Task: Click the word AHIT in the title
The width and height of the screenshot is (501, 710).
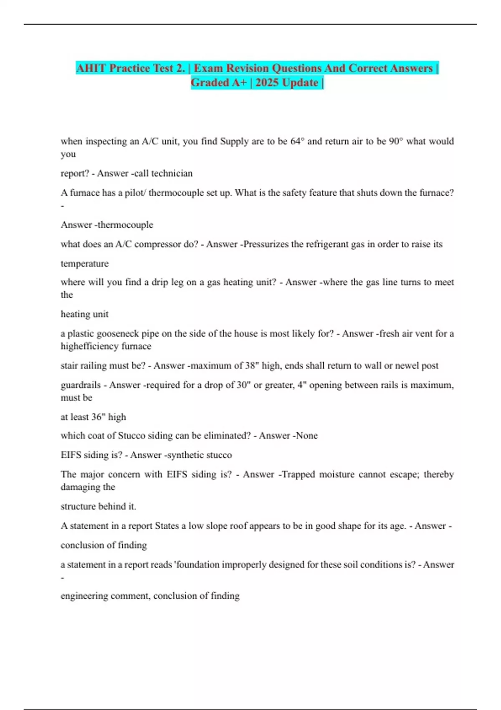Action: point(91,68)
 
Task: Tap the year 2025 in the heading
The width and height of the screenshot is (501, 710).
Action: point(267,83)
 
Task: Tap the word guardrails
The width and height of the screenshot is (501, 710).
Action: point(81,385)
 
